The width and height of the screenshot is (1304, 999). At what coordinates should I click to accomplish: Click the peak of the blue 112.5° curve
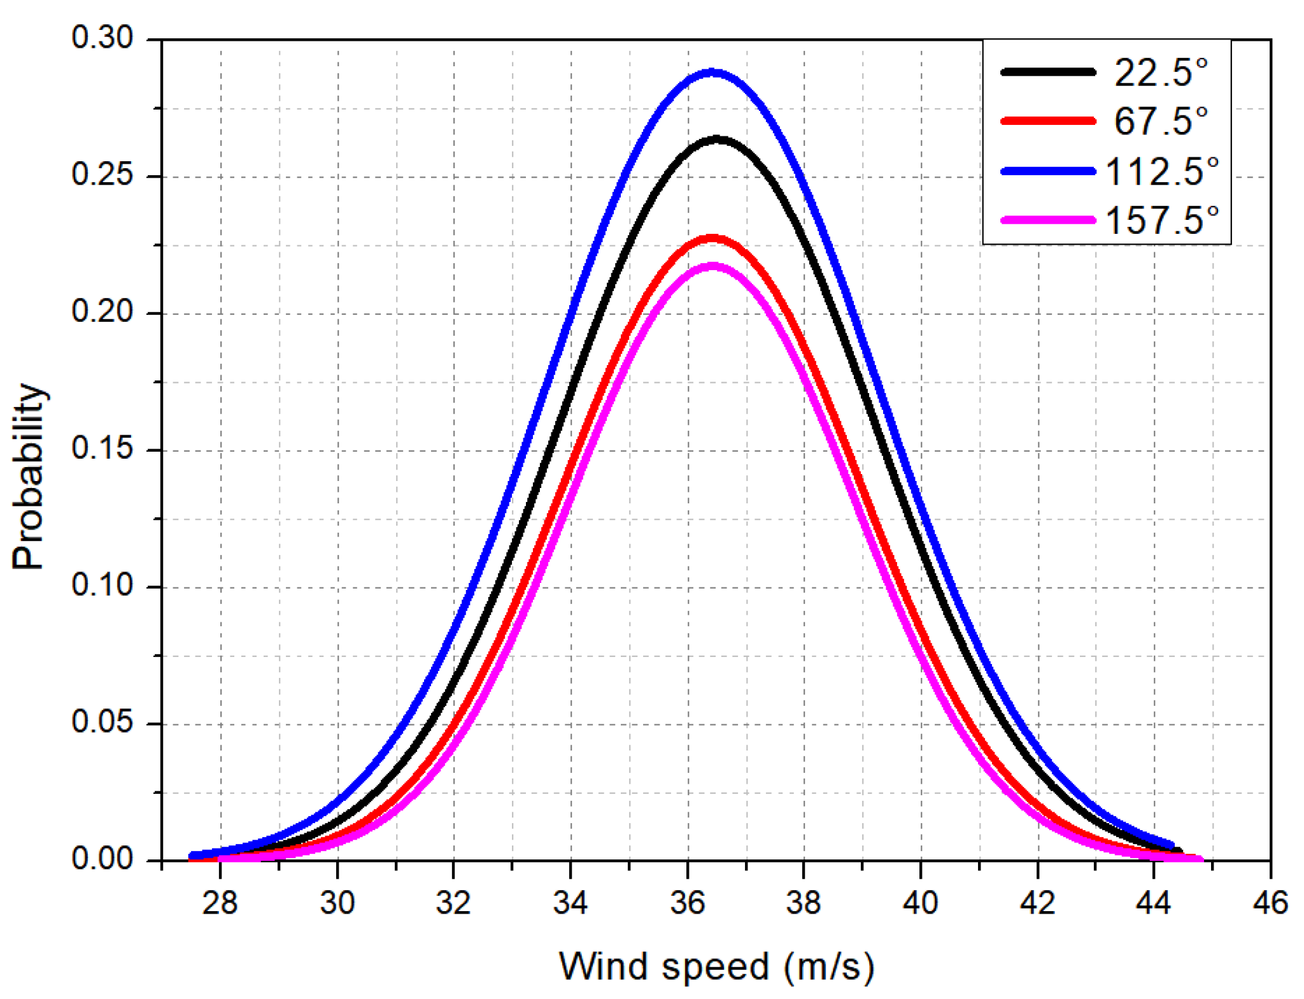pyautogui.click(x=712, y=73)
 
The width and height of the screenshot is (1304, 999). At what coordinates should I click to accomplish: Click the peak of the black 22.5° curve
pyautogui.click(x=717, y=139)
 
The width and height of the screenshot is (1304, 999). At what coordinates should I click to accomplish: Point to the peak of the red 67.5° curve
pyautogui.click(x=712, y=238)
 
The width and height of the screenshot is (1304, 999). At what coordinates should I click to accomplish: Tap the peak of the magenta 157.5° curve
pyautogui.click(x=712, y=266)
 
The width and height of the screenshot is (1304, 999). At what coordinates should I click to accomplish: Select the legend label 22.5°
pyautogui.click(x=1160, y=72)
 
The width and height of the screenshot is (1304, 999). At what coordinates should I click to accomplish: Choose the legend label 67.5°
pyautogui.click(x=1160, y=120)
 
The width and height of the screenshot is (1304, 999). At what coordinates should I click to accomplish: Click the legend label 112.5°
pyautogui.click(x=1161, y=171)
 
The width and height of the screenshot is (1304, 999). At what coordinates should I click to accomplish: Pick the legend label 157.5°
pyautogui.click(x=1161, y=220)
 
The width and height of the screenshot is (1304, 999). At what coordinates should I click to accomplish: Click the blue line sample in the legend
pyautogui.click(x=1048, y=171)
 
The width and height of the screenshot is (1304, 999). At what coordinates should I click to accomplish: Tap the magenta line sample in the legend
pyautogui.click(x=1048, y=220)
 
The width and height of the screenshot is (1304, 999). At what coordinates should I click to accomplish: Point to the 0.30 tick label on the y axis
pyautogui.click(x=102, y=38)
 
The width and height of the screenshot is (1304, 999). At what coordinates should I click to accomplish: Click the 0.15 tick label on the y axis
pyautogui.click(x=102, y=449)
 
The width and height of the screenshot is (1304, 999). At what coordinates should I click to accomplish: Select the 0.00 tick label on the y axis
pyautogui.click(x=102, y=859)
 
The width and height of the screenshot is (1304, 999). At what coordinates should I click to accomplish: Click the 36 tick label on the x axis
pyautogui.click(x=688, y=903)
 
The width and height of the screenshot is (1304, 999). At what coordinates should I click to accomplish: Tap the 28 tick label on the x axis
pyautogui.click(x=220, y=903)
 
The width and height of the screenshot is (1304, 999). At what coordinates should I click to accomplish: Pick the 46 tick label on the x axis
pyautogui.click(x=1270, y=903)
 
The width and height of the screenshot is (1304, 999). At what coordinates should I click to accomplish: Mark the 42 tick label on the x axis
pyautogui.click(x=1038, y=903)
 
